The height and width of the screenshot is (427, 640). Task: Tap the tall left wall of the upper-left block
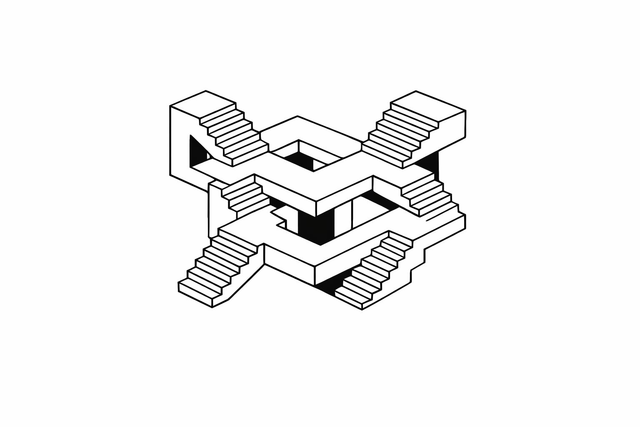[x=179, y=142]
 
